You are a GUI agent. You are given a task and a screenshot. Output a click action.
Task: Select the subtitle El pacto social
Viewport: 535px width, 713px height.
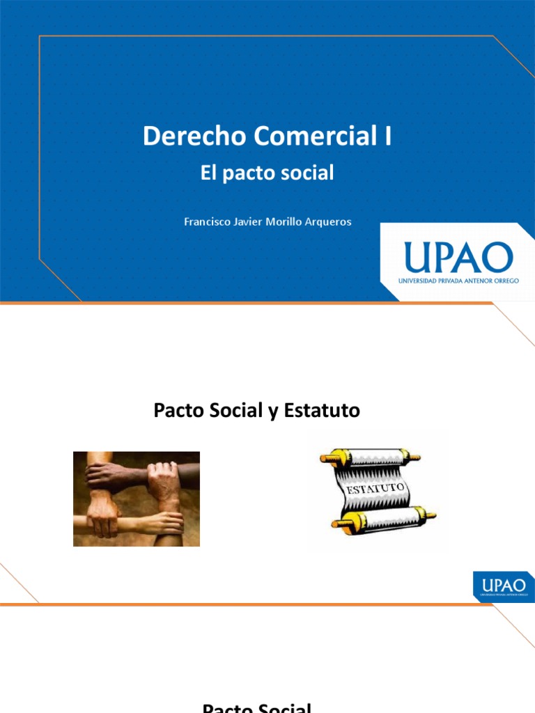pos(267,173)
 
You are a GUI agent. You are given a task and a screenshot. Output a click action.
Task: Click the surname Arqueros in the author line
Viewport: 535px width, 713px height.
pos(326,222)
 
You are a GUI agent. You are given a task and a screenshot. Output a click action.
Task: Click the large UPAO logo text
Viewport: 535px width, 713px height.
pos(458,258)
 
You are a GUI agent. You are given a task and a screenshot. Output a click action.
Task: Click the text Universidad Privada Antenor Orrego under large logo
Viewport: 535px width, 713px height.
pos(458,281)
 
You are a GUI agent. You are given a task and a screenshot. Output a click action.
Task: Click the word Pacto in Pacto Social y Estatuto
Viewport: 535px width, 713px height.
pos(177,411)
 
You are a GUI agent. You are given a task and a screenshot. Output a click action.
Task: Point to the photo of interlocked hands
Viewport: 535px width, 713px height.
pos(137,499)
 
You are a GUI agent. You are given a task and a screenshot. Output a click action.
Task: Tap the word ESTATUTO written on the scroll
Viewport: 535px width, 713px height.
pos(372,489)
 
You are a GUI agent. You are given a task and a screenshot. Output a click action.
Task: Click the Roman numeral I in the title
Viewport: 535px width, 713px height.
pos(388,136)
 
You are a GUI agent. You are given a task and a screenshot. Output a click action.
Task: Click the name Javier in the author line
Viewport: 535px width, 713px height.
pos(249,222)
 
